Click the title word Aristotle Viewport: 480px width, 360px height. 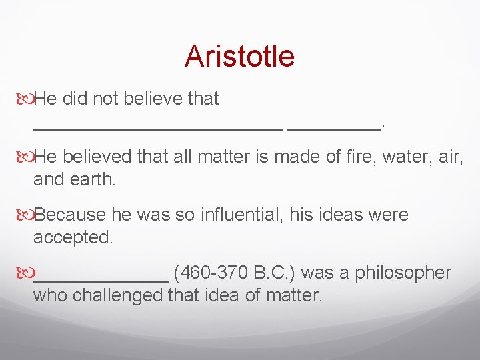[x=239, y=56]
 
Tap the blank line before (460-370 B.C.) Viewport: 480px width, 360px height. [x=100, y=279]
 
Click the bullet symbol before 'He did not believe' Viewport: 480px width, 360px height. [x=24, y=99]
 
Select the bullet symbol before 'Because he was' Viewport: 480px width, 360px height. [x=24, y=215]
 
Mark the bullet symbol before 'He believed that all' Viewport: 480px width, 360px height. [x=24, y=157]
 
